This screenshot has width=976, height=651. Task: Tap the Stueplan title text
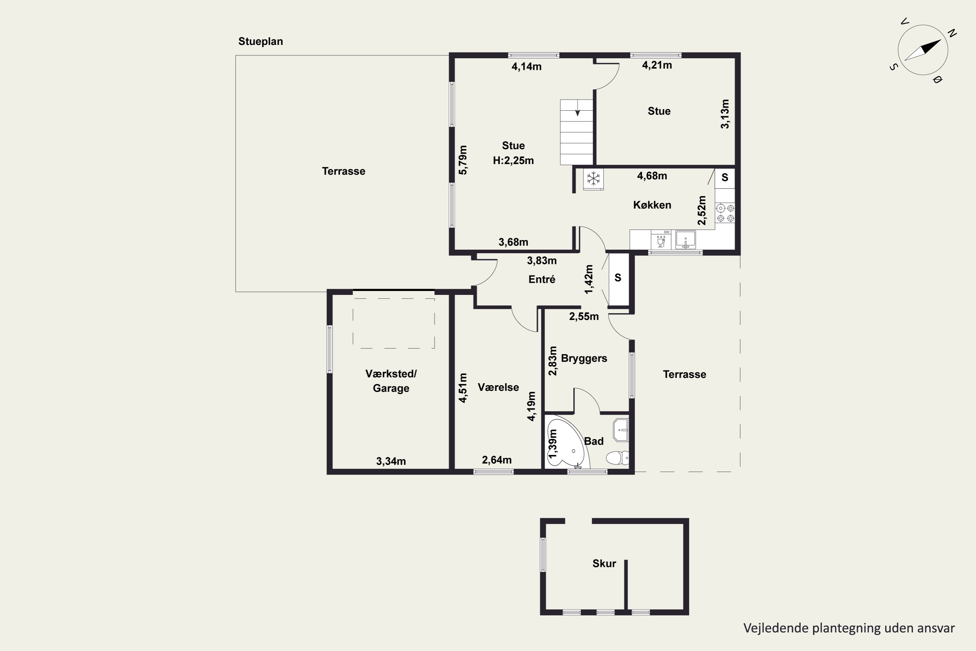261,42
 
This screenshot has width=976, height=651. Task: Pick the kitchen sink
685,240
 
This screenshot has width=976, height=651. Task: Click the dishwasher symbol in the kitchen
661,240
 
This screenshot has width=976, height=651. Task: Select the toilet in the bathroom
617,458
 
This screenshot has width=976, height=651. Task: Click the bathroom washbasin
621,430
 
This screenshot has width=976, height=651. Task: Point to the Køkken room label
652,205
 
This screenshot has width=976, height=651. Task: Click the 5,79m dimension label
463,160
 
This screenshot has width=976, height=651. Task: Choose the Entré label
542,279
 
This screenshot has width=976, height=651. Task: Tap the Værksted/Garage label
391,381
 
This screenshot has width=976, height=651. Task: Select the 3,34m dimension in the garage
391,461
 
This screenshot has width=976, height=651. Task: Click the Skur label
604,563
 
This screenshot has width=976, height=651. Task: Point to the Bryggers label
584,358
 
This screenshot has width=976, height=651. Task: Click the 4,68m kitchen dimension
652,176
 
